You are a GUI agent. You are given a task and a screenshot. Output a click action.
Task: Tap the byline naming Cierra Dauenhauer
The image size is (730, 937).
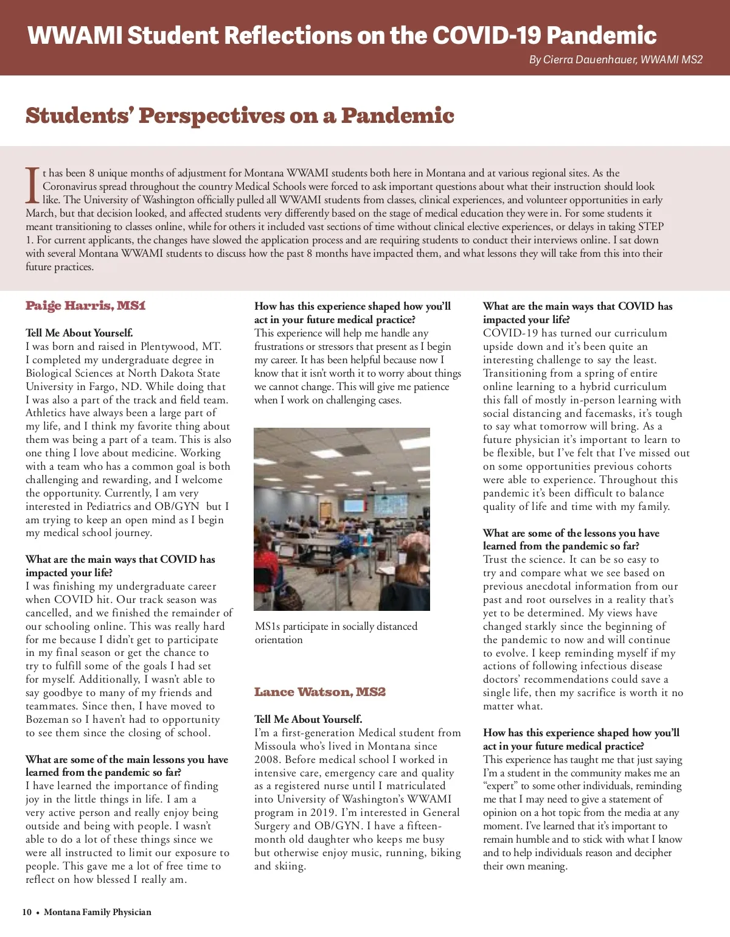click(x=616, y=60)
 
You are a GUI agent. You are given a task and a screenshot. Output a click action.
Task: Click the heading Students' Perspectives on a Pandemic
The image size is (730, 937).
click(x=240, y=115)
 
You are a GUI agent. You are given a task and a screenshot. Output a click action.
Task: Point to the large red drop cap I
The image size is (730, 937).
click(x=33, y=185)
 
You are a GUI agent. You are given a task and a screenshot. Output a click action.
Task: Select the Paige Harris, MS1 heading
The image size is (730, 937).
click(x=86, y=305)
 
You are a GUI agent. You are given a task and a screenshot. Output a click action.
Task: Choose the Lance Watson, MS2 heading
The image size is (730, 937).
click(x=320, y=692)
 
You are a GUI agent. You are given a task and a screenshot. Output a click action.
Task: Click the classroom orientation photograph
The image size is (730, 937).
click(x=342, y=519)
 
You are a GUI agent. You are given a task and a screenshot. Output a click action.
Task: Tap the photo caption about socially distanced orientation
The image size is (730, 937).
click(x=336, y=633)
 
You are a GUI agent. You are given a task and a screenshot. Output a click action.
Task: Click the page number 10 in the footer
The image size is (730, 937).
click(x=27, y=912)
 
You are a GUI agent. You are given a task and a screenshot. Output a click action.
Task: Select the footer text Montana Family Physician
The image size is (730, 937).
click(x=97, y=912)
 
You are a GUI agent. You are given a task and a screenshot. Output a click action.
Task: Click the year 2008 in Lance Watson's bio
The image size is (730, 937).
click(x=267, y=759)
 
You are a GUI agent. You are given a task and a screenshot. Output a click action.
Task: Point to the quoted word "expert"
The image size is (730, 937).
click(x=501, y=786)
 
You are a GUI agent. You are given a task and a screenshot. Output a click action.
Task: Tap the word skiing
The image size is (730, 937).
click(x=288, y=866)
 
